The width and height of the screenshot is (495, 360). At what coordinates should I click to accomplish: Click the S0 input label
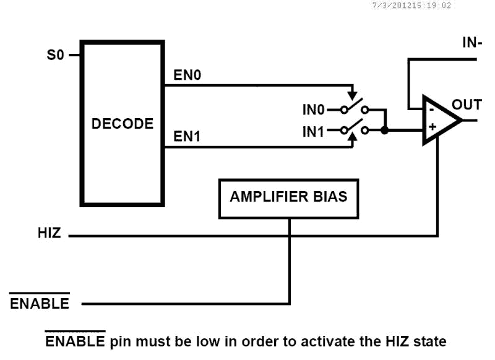56,55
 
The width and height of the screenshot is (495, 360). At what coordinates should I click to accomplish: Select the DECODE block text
123,123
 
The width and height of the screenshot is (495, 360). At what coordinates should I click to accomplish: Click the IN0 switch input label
314,110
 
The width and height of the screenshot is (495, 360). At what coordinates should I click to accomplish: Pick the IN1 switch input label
314,131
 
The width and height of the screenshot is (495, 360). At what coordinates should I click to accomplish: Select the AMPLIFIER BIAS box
288,197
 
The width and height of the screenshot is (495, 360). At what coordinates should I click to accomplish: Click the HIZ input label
49,234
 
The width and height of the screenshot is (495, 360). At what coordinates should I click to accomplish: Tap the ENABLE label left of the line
40,304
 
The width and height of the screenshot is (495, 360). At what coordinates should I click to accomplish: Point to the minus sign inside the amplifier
429,109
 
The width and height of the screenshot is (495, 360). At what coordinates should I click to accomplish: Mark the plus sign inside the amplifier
432,127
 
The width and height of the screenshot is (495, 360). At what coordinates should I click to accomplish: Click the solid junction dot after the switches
385,131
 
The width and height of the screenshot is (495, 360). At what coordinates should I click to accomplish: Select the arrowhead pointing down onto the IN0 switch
353,96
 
